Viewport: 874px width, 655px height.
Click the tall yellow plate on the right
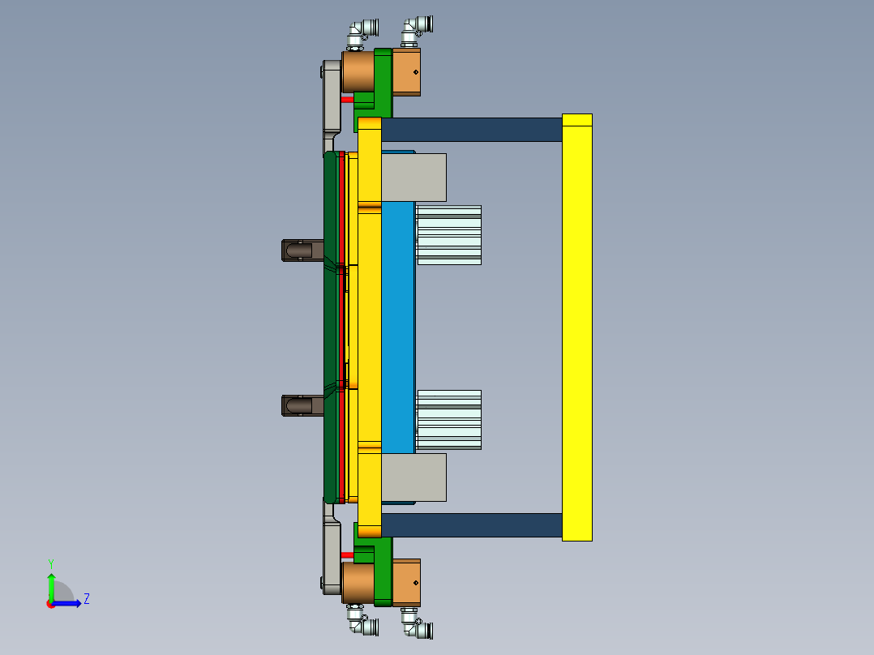(x=576, y=327)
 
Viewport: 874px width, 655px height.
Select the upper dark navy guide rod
(x=471, y=130)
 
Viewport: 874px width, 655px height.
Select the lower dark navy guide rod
(x=471, y=524)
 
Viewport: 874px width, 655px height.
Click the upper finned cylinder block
(x=448, y=234)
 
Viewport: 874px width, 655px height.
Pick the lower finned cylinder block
(x=448, y=419)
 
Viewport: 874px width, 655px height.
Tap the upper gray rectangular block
(x=413, y=178)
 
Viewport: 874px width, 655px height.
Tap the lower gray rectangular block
(x=413, y=477)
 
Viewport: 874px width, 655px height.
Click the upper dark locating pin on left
(x=300, y=250)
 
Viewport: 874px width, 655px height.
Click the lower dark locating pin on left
(x=300, y=405)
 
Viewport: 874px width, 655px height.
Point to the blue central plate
(x=397, y=327)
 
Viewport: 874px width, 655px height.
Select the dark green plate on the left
(x=330, y=327)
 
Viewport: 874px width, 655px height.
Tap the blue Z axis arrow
(x=68, y=603)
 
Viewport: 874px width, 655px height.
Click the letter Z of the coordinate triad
(x=86, y=599)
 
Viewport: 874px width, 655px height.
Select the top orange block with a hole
(x=406, y=72)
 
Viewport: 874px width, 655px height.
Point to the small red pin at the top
(x=347, y=100)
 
